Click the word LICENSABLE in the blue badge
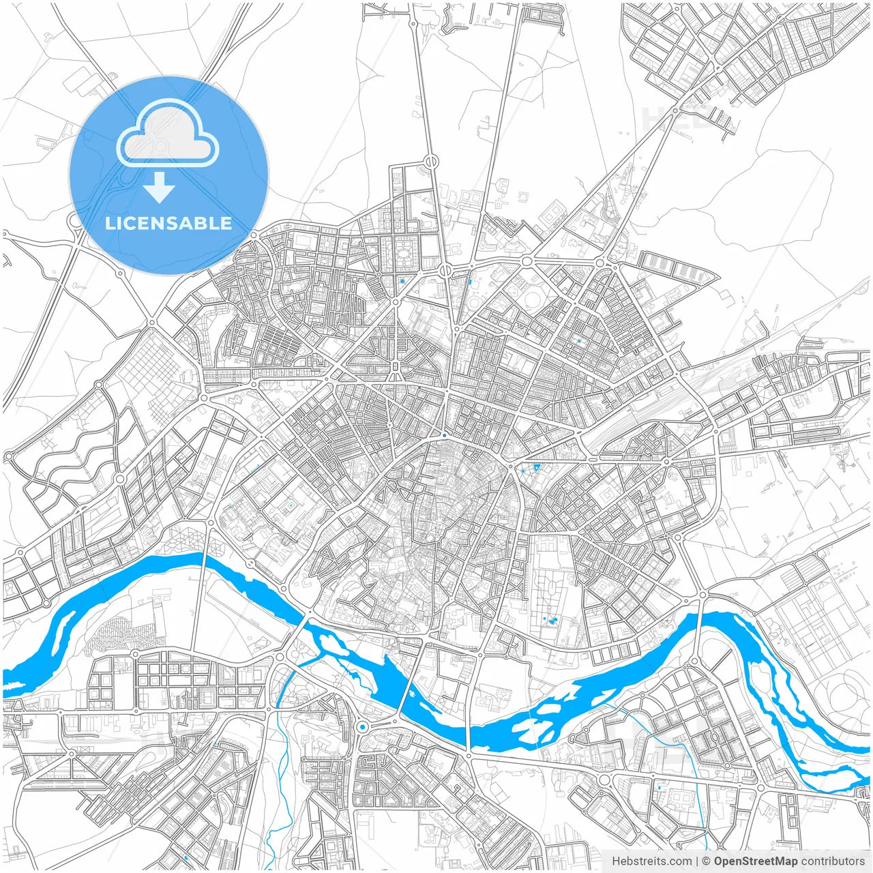tap(168, 223)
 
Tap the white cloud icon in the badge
tap(168, 134)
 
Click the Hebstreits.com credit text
tap(651, 861)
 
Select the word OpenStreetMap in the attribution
tap(755, 861)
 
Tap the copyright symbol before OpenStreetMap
tap(707, 861)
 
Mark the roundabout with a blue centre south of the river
tap(361, 727)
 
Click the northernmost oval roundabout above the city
tap(431, 162)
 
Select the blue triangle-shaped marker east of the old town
tap(537, 467)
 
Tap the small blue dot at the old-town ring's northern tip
tap(444, 434)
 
